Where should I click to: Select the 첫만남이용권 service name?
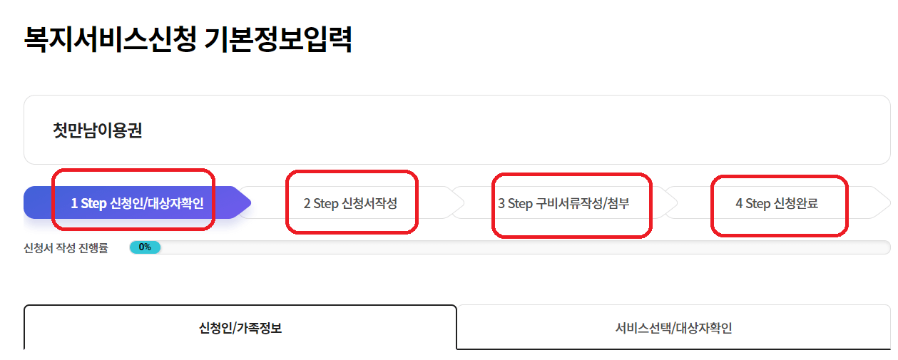tap(97, 130)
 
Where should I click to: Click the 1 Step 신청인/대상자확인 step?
tap(137, 203)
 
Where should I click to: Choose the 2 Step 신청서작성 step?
tap(350, 203)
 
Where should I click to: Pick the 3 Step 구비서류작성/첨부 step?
tap(563, 203)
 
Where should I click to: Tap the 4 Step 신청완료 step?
tap(777, 203)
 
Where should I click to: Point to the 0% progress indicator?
tap(145, 247)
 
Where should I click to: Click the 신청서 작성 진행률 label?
tap(66, 248)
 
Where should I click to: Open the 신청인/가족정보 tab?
tap(240, 329)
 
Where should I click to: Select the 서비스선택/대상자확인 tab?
tap(673, 329)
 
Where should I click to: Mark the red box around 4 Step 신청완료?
tap(779, 178)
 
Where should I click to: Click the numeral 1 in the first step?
tap(74, 203)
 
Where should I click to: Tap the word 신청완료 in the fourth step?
tap(796, 203)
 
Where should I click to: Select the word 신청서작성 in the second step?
tap(369, 203)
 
